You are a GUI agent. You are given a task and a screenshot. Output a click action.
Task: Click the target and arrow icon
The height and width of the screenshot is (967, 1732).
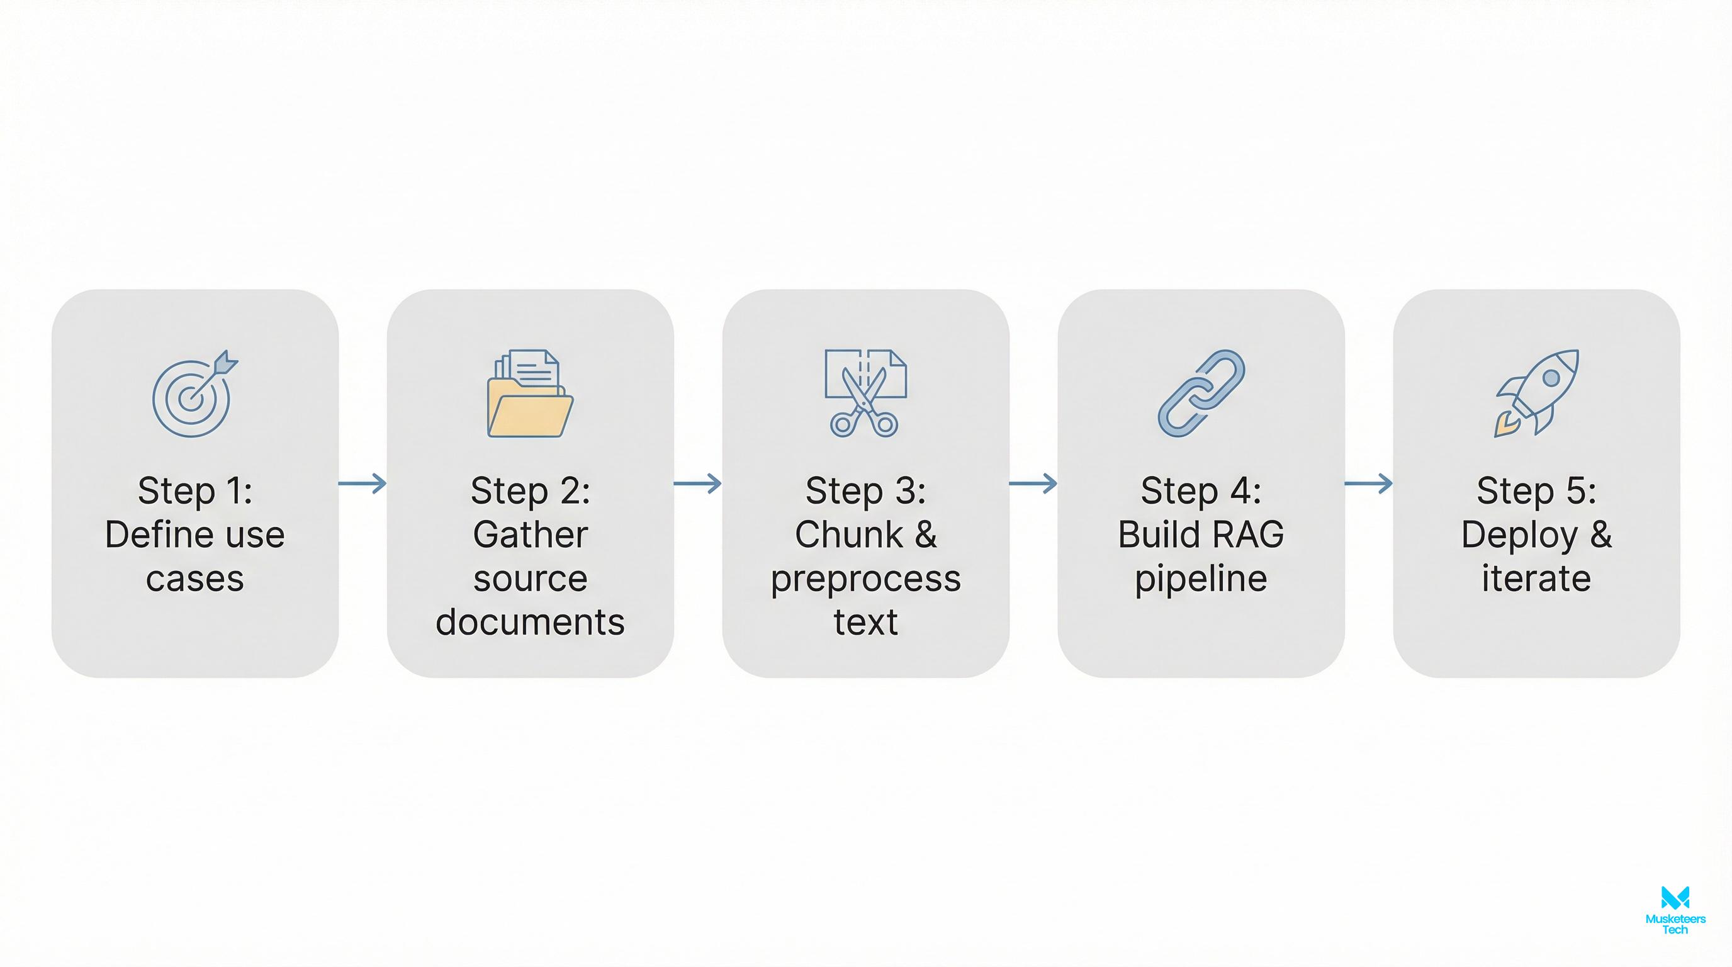tap(194, 394)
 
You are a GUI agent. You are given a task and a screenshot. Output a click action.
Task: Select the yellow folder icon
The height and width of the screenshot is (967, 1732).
tap(530, 395)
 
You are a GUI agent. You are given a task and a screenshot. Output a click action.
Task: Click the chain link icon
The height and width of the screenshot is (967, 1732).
tap(1201, 393)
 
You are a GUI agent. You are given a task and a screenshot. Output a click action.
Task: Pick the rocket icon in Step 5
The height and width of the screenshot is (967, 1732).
tap(1537, 393)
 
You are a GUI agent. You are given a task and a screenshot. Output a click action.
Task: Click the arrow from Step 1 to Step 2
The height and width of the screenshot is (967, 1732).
tap(363, 483)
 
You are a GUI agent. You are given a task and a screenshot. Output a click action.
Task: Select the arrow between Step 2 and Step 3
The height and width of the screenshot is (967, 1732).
tap(697, 483)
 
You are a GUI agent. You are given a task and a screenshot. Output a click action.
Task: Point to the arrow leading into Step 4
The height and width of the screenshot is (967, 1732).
tap(1033, 483)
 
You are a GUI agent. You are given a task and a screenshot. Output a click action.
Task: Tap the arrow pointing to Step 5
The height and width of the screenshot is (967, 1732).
tap(1368, 483)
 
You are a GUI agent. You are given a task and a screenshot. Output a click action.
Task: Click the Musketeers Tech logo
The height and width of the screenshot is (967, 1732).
tap(1675, 909)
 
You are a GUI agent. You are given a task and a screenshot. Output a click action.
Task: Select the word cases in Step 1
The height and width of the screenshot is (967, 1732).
tap(194, 579)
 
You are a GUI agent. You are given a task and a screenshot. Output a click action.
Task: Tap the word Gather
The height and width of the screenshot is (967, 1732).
tap(530, 534)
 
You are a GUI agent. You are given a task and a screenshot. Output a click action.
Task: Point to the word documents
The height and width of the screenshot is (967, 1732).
tap(530, 622)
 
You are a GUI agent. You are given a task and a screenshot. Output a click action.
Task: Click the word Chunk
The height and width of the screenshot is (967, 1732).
tap(848, 534)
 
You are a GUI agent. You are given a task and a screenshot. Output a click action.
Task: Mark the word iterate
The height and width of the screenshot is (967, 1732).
tap(1536, 579)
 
